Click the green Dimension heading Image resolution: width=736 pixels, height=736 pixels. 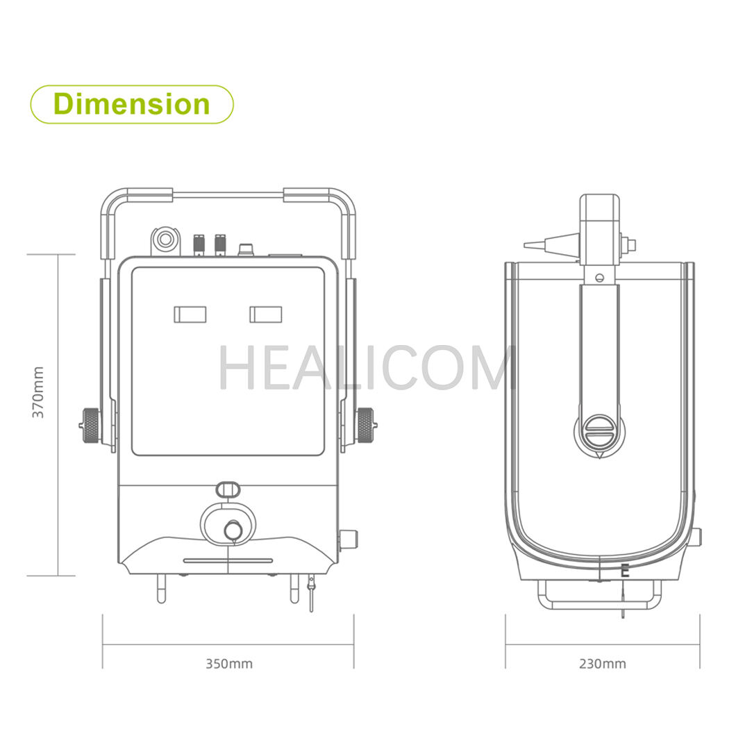pyautogui.click(x=131, y=104)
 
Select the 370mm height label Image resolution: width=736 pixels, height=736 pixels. pyautogui.click(x=38, y=392)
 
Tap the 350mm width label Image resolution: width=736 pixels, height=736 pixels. pyautogui.click(x=229, y=664)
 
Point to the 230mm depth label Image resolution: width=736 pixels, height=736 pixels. pyautogui.click(x=603, y=664)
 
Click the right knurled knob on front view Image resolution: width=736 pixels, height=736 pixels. pyautogui.click(x=365, y=424)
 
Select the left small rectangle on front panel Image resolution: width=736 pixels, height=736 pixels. pyautogui.click(x=190, y=314)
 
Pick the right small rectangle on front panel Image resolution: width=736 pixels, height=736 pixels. pyautogui.click(x=266, y=314)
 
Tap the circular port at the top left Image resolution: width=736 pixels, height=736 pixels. pyautogui.click(x=165, y=240)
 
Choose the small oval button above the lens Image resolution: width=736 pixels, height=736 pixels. pyautogui.click(x=226, y=489)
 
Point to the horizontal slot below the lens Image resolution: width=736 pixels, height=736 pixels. pyautogui.click(x=228, y=560)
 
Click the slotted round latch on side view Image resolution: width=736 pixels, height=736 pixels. pyautogui.click(x=599, y=432)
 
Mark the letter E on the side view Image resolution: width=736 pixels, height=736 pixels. pyautogui.click(x=625, y=572)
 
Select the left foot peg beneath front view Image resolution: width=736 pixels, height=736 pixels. pyautogui.click(x=161, y=589)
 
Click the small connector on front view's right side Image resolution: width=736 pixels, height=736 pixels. pyautogui.click(x=348, y=539)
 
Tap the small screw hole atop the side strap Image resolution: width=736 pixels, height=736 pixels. pyautogui.click(x=599, y=278)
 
